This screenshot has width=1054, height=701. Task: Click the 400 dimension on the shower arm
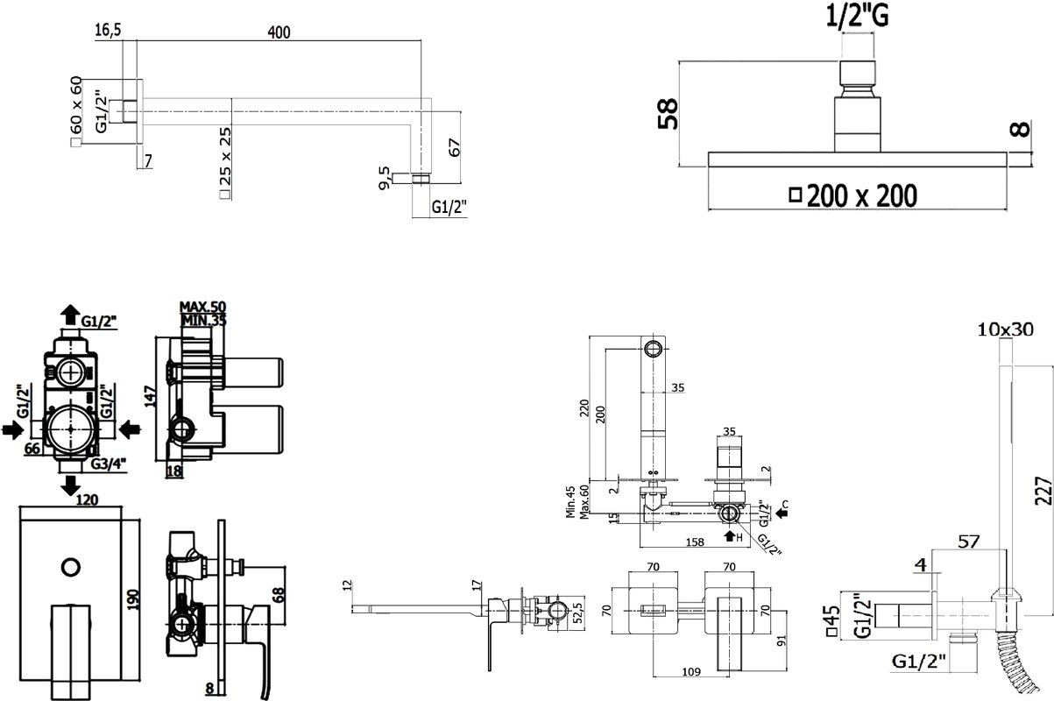(x=279, y=32)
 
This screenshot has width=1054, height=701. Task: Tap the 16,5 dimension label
(x=109, y=30)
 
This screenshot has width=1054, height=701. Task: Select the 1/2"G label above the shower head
(x=858, y=16)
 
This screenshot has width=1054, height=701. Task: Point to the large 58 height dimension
(x=668, y=113)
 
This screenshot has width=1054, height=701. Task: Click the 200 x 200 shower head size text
(x=861, y=195)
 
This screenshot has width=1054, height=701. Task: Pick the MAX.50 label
(x=202, y=307)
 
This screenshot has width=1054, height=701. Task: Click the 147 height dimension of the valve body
(x=151, y=396)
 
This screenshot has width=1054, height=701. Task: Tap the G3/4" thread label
(x=109, y=464)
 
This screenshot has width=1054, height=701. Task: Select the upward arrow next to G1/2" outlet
(x=71, y=315)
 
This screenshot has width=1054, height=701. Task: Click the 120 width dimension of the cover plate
(x=87, y=499)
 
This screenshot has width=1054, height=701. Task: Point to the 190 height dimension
(x=134, y=599)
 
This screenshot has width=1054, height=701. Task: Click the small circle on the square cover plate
(x=71, y=568)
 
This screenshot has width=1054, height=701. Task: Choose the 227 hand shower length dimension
(x=1043, y=491)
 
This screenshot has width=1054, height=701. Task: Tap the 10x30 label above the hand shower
(x=1006, y=329)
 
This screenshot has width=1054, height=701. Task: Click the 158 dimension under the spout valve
(x=695, y=542)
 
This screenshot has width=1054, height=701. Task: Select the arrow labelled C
(x=782, y=513)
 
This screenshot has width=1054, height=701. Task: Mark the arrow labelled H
(x=730, y=536)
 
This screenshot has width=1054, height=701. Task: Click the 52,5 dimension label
(x=578, y=610)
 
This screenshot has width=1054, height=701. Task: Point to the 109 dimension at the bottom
(x=691, y=672)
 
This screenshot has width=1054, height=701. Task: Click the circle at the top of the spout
(x=653, y=349)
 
